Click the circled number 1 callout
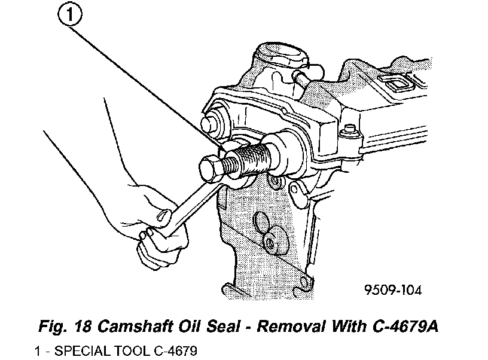(70, 15)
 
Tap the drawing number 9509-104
(393, 290)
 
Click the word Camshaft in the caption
(136, 327)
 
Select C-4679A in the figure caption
(405, 327)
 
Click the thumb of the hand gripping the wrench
(164, 214)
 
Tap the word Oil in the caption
(190, 327)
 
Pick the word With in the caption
(349, 327)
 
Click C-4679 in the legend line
(176, 350)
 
